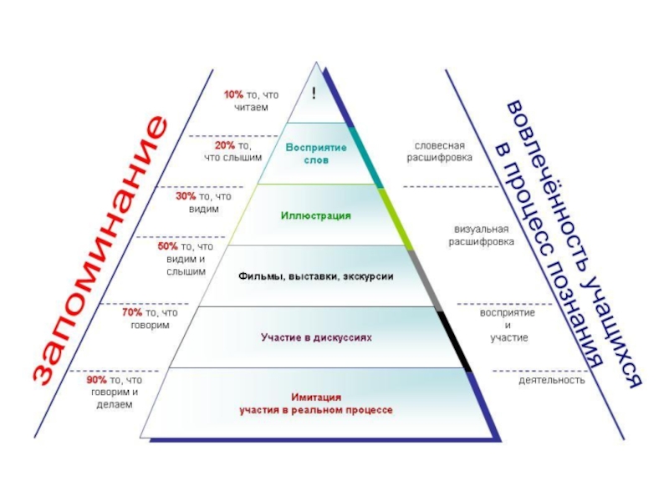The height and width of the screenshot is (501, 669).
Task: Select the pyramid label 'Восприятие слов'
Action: tap(315, 153)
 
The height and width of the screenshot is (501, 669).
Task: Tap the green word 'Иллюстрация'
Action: tap(315, 215)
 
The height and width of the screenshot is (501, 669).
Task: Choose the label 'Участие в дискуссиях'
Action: tap(315, 337)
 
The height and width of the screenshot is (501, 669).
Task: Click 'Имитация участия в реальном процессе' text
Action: tap(315, 404)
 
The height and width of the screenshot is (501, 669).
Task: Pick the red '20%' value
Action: tap(224, 144)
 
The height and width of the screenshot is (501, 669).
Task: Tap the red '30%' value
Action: tap(186, 196)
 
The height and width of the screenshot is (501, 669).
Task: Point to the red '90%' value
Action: tap(97, 379)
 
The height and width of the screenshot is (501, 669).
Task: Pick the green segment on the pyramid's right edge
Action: tap(396, 217)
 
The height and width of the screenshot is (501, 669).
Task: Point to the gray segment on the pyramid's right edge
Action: tap(423, 278)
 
